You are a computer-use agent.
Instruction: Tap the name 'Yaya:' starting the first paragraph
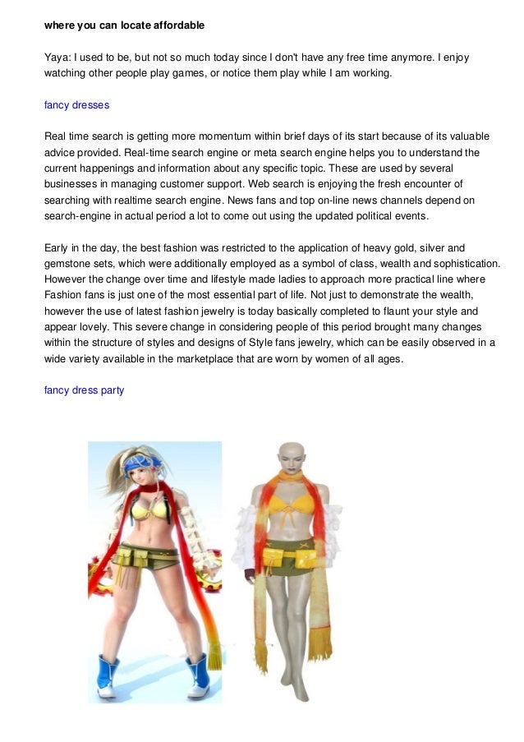[x=57, y=58]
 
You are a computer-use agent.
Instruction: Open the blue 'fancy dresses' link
[x=76, y=105]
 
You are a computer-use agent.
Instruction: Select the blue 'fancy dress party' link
[x=84, y=390]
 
